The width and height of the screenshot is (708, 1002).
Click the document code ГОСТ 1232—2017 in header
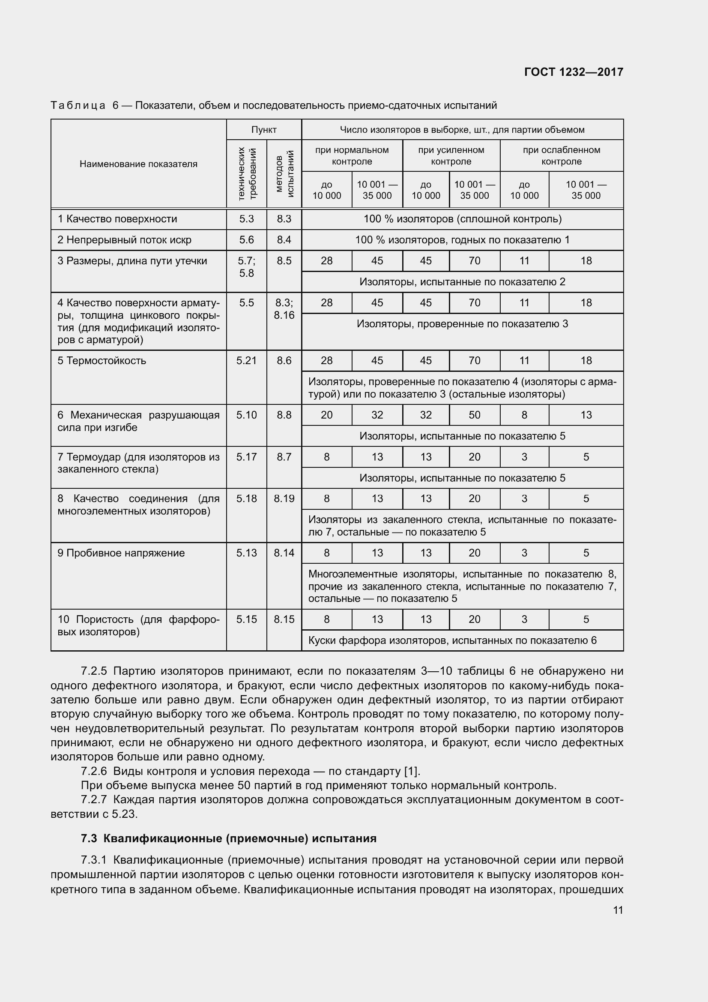tap(573, 72)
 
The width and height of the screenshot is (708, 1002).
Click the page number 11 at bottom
tap(618, 910)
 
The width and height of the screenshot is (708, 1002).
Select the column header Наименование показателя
tap(138, 164)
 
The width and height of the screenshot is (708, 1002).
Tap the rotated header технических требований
tap(246, 173)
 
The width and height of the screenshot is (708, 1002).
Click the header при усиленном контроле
tap(451, 156)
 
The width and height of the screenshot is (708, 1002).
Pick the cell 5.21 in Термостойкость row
tap(246, 360)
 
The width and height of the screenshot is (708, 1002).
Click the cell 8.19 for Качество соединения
tap(284, 498)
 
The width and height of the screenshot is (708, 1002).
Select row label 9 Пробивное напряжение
tap(121, 553)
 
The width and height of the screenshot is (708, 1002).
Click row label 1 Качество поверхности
tap(117, 219)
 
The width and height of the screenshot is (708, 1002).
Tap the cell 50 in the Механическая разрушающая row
tap(474, 415)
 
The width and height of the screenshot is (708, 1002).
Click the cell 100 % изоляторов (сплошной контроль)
tap(463, 219)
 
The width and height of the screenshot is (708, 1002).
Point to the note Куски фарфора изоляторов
tap(452, 640)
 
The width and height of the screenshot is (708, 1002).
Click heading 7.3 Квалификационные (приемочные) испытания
tap(229, 838)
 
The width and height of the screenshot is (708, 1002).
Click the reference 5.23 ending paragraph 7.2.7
tap(125, 814)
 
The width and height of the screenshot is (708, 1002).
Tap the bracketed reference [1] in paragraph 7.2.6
tap(411, 771)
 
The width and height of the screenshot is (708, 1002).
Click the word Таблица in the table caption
tap(78, 106)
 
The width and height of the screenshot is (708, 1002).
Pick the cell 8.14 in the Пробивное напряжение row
tap(284, 553)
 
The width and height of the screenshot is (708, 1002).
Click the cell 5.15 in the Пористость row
tap(246, 619)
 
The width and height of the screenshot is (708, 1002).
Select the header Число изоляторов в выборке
tap(463, 130)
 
